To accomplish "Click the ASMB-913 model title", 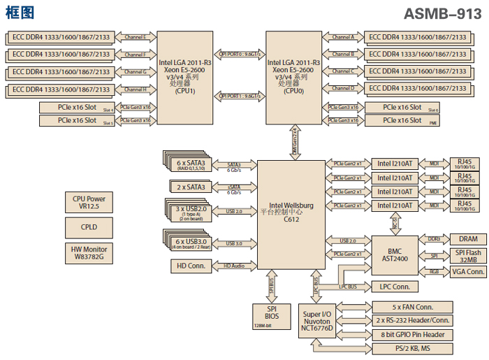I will point(442,13).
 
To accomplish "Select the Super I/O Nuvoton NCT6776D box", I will point(316,319).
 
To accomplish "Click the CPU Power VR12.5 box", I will point(89,203).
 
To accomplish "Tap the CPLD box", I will point(89,227).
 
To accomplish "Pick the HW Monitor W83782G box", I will point(89,252).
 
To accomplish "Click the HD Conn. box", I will point(191,266).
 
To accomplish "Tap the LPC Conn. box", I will point(395,287).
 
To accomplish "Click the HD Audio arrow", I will point(235,266).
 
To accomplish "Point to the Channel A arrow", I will point(343,37).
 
